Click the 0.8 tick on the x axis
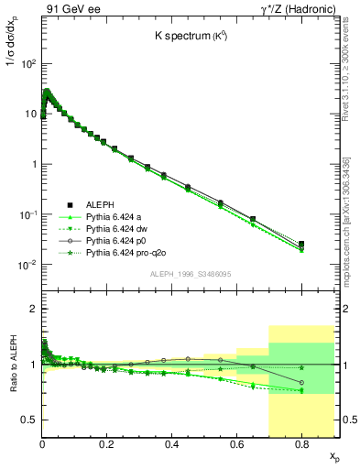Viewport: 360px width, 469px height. coord(300,444)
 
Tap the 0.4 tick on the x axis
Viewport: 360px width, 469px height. coord(171,444)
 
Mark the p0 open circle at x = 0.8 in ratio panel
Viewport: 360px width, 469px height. coord(301,383)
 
